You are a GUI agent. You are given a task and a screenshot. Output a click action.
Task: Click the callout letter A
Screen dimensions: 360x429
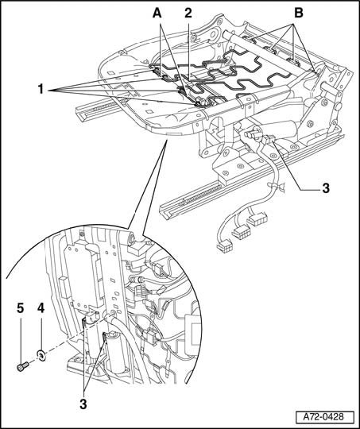(157, 13)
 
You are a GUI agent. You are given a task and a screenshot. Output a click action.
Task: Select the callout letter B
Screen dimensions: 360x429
(298, 13)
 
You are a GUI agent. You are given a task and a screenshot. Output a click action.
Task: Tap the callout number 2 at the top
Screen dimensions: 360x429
(188, 13)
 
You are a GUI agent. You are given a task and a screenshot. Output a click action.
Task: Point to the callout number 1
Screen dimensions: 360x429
(41, 89)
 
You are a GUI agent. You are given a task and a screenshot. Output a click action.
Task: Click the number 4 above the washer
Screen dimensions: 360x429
(41, 308)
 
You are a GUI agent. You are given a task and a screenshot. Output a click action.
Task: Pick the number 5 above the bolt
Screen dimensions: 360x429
(20, 308)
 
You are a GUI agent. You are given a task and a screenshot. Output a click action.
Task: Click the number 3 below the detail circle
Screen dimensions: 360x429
(83, 404)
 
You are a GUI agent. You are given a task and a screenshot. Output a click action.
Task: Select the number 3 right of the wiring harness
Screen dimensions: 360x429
(326, 188)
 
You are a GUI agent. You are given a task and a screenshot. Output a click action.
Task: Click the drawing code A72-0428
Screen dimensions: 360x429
(323, 417)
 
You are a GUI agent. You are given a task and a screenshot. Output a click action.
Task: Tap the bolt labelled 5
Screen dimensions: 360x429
(22, 366)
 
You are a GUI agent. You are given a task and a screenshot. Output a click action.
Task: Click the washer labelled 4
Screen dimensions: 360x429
(41, 355)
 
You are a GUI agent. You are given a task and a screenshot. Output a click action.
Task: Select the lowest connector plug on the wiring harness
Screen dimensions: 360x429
(226, 247)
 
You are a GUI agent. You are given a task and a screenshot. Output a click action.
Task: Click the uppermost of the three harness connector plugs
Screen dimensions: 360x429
(257, 220)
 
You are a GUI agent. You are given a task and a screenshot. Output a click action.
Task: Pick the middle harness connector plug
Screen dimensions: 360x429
(242, 233)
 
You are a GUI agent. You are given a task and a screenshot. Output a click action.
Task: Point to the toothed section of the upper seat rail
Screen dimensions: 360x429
(106, 106)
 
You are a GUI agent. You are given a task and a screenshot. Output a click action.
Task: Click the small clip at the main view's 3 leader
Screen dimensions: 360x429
(269, 139)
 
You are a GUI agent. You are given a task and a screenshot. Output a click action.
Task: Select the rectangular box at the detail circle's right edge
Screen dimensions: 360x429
(193, 334)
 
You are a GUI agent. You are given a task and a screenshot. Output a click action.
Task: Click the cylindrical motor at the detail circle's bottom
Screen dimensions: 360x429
(117, 353)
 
